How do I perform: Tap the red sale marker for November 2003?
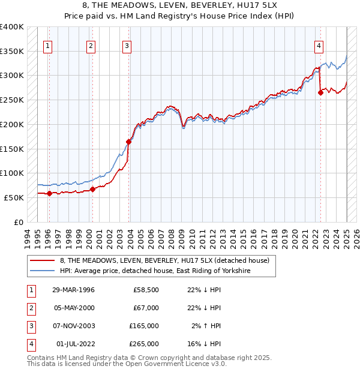[x=128, y=142]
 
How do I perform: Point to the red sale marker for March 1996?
[x=49, y=193]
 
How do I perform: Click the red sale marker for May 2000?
[x=92, y=189]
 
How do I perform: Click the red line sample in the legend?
[x=43, y=261]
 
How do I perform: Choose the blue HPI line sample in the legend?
[x=43, y=271]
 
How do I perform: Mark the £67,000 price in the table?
[x=146, y=308]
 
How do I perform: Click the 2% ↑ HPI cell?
[x=206, y=326]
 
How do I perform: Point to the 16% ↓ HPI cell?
[x=204, y=344]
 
